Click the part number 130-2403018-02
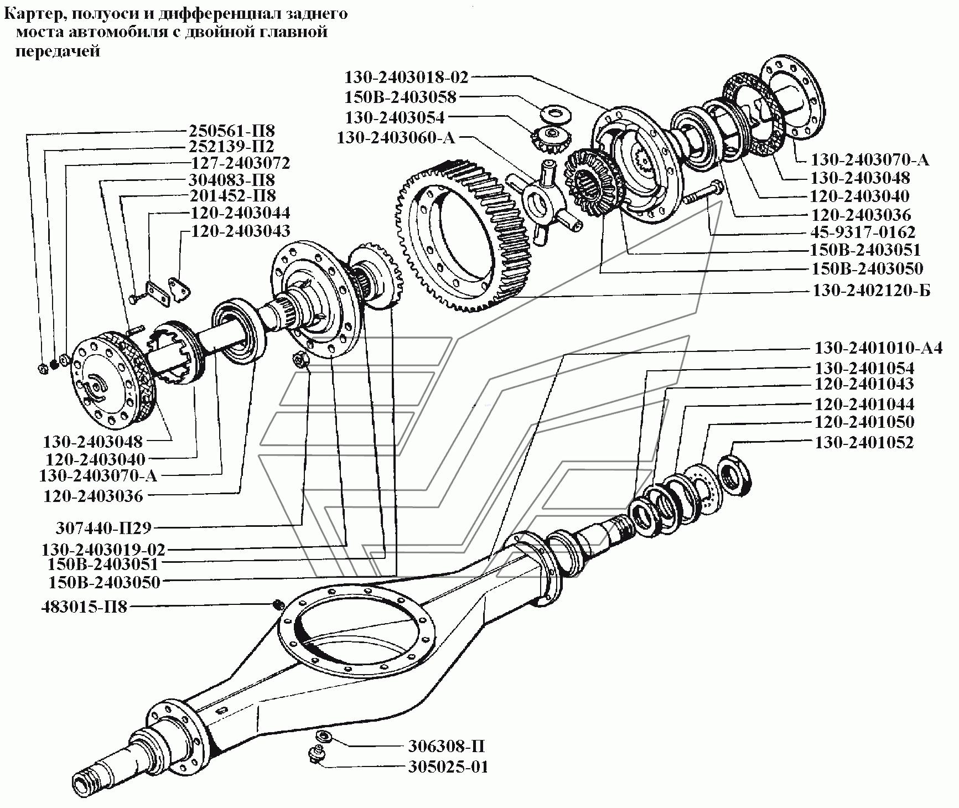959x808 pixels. coord(407,77)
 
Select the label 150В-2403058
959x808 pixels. coord(401,97)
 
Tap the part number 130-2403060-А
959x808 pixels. coord(396,137)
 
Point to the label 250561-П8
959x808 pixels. coord(232,131)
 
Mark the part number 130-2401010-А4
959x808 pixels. coord(878,349)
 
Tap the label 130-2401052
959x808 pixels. coord(864,443)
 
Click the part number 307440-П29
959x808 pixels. coord(103,528)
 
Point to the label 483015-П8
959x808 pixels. coord(84,607)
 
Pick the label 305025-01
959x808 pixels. coord(448,768)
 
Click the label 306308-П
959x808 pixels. coord(447,747)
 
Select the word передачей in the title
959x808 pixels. coord(58,51)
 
